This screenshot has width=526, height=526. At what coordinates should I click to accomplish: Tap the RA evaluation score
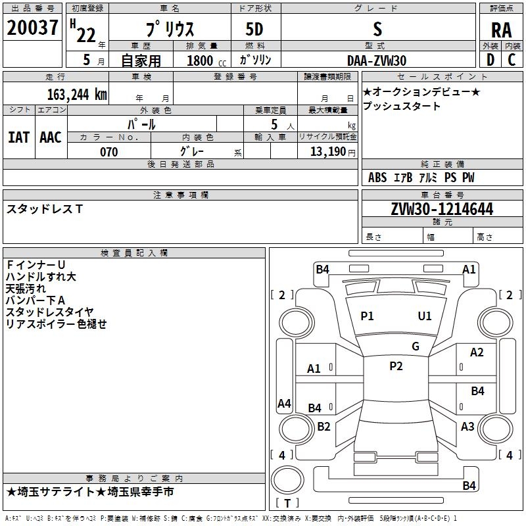tap(501, 30)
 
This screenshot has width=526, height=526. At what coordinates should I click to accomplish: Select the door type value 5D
tap(254, 30)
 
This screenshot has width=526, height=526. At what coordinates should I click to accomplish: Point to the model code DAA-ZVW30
tap(377, 60)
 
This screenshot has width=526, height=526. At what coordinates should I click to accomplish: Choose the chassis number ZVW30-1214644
tap(442, 210)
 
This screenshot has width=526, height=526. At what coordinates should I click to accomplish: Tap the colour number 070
tap(108, 152)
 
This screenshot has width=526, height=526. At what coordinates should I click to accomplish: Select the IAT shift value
tap(18, 137)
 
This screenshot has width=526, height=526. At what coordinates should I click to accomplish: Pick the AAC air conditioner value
tap(50, 137)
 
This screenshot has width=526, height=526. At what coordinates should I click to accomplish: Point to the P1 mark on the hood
tap(367, 316)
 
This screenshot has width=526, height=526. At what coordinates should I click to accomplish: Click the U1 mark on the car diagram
tap(425, 316)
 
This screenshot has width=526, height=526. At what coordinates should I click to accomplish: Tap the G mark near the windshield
tap(416, 347)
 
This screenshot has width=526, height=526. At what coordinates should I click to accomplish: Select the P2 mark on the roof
tap(396, 366)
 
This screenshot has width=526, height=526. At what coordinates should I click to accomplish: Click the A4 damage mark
tap(284, 404)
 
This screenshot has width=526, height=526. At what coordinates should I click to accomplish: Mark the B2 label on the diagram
tap(323, 427)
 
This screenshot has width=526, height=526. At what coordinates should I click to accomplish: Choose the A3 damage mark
tap(467, 427)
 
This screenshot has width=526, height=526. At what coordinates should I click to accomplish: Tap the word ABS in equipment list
tap(377, 178)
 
